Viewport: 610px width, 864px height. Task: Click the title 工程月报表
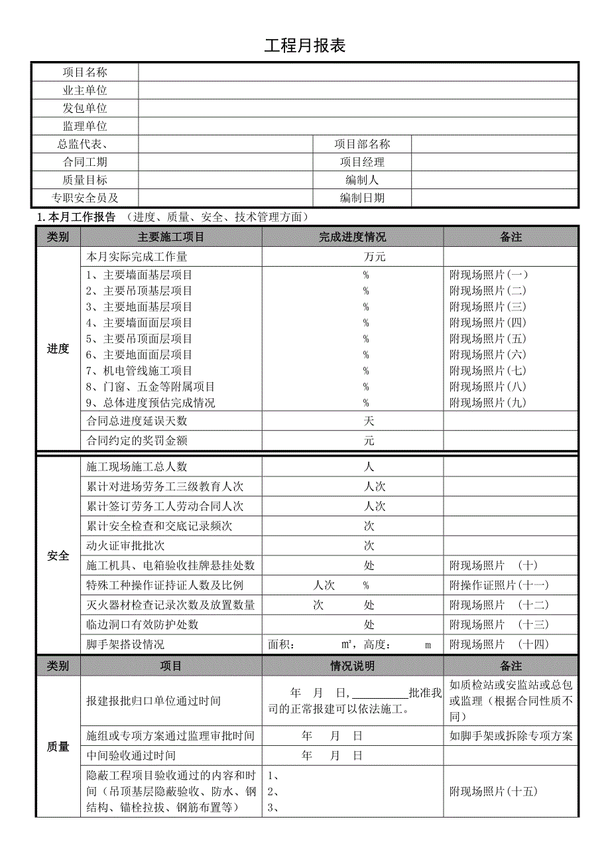click(305, 46)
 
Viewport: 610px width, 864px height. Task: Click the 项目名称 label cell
click(85, 72)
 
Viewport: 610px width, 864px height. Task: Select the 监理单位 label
click(85, 126)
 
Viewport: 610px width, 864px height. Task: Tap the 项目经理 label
click(362, 162)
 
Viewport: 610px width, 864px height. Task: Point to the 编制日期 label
click(362, 198)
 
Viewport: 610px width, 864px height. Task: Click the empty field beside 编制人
click(495, 180)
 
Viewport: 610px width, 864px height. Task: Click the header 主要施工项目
click(171, 237)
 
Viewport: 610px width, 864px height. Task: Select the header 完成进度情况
click(352, 237)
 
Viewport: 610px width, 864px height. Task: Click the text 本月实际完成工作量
click(137, 257)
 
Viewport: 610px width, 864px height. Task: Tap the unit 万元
click(374, 257)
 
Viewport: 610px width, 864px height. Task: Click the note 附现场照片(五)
click(488, 339)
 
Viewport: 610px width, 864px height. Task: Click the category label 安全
click(58, 555)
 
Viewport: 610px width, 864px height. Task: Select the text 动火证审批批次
click(126, 545)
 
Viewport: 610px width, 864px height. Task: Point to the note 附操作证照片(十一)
click(499, 585)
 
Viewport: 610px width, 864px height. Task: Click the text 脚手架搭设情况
click(126, 644)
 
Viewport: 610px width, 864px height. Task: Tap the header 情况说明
click(352, 666)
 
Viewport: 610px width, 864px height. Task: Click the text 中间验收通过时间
click(131, 755)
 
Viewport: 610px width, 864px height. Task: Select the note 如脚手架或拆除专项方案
click(511, 735)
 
